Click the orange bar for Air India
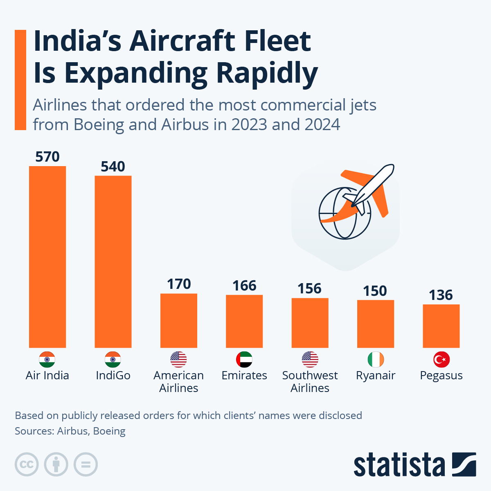(47, 257)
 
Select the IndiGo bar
(113, 262)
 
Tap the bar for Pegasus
(441, 326)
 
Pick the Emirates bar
(244, 321)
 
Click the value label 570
(47, 157)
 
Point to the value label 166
(244, 286)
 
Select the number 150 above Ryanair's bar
(375, 291)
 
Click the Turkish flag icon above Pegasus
(441, 360)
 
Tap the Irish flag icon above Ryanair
(376, 360)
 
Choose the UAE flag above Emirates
(244, 360)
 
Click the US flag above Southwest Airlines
(310, 360)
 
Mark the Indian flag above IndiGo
(113, 360)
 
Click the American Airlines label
(179, 381)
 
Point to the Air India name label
(47, 376)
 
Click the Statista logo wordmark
(399, 465)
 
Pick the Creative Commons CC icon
(27, 465)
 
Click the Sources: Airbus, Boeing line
(70, 431)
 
